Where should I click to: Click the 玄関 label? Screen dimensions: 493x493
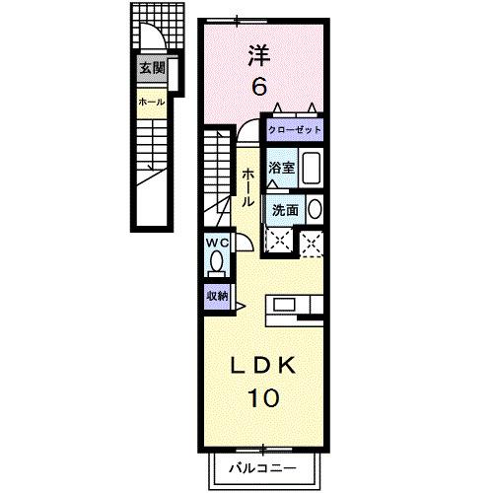click(151, 69)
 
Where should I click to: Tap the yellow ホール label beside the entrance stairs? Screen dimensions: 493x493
click(151, 102)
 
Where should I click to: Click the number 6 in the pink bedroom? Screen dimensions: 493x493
click(258, 87)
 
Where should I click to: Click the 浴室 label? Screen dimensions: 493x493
click(282, 168)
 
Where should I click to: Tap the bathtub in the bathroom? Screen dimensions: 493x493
click(311, 169)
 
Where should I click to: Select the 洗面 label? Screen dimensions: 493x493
click(285, 209)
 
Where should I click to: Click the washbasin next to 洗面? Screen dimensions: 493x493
click(314, 209)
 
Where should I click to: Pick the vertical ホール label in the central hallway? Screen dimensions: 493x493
click(248, 185)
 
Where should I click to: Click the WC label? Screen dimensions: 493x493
click(217, 243)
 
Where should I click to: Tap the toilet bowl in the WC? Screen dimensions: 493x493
click(216, 264)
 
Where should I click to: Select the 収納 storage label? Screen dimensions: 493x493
click(217, 296)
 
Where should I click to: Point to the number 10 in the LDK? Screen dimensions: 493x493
click(263, 398)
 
